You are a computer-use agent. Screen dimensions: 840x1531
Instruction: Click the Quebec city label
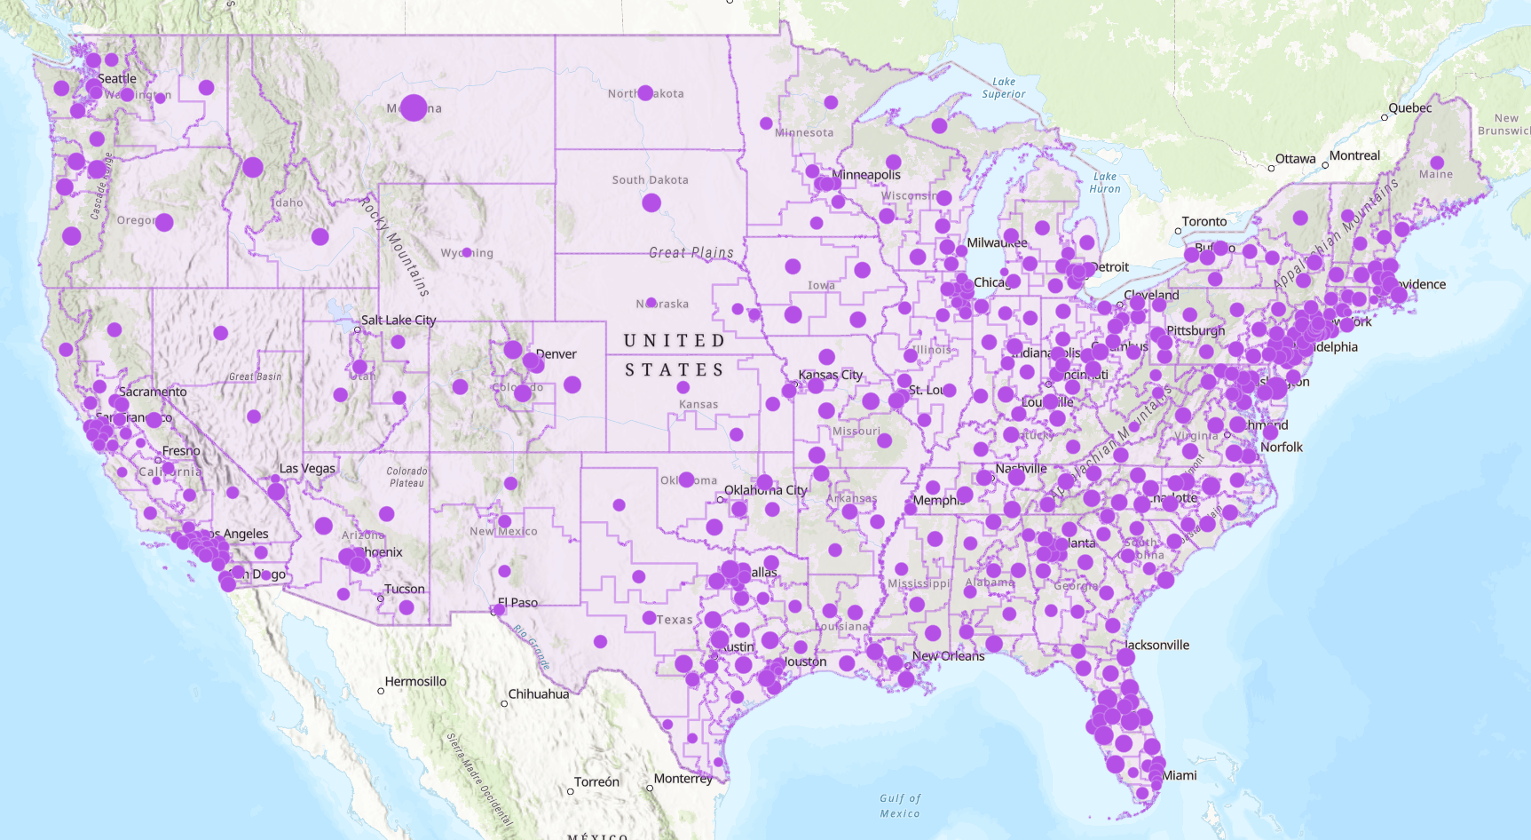pos(1409,108)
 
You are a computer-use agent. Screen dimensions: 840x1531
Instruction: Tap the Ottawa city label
pos(1295,159)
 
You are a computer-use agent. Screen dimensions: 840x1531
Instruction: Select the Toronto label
pos(1203,222)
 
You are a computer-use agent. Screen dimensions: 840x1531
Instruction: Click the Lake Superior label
pos(1004,87)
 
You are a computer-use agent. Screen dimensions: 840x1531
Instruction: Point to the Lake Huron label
pos(1105,182)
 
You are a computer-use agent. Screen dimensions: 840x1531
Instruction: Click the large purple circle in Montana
pos(414,107)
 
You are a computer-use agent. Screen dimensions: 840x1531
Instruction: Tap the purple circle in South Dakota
pos(651,202)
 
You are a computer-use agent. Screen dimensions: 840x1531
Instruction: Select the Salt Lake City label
pos(399,320)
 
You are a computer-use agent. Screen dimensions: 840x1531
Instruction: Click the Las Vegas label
pos(307,468)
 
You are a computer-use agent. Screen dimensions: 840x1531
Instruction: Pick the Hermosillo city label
pos(415,681)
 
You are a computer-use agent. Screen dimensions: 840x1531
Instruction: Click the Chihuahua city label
pos(538,693)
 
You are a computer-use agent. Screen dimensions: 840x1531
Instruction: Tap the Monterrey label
pos(683,779)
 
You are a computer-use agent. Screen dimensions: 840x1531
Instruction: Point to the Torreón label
pos(596,781)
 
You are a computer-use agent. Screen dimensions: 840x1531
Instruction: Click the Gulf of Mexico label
pos(900,805)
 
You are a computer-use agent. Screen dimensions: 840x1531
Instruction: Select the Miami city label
pos(1180,775)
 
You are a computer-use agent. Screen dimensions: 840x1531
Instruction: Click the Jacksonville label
pos(1156,645)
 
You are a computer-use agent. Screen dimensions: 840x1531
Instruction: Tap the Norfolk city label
pos(1281,447)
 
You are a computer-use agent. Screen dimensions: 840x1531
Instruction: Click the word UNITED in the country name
pos(675,341)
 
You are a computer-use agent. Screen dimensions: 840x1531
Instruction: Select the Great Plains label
pos(691,253)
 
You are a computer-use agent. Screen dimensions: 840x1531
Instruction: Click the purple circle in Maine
pos(1437,162)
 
